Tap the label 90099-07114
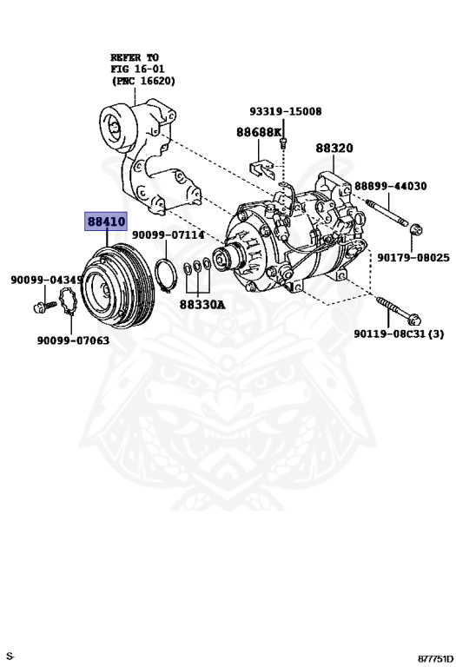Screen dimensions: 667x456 (168, 235)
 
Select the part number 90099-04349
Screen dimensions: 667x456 (47, 281)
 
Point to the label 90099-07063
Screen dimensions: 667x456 (73, 340)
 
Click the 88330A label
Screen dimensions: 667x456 (202, 305)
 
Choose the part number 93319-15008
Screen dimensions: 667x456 (285, 112)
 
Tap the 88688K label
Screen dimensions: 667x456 (259, 132)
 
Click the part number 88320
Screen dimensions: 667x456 (334, 149)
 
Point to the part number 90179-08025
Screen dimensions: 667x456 (413, 258)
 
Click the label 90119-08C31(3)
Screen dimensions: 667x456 (399, 334)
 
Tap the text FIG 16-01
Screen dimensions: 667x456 (142, 68)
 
